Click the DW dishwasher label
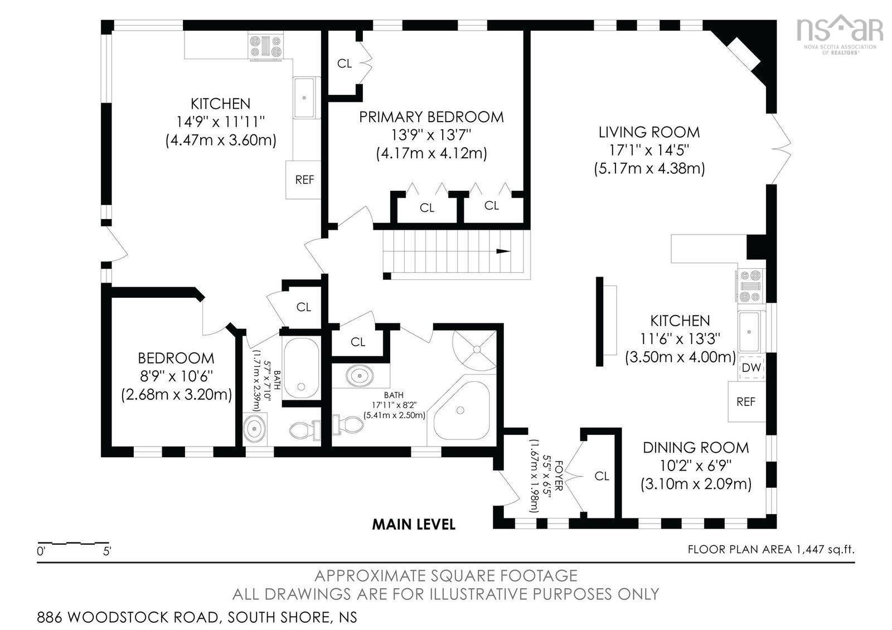pos(752,368)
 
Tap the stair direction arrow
pos(503,251)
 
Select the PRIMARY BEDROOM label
pos(432,117)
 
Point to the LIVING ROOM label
pos(649,132)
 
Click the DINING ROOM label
pos(696,448)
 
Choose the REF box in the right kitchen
pos(746,401)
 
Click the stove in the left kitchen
pos(265,47)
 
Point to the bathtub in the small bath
pos(301,367)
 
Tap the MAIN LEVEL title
pos(414,525)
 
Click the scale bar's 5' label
pos(107,551)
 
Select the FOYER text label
pos(559,476)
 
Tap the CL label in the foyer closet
pos(602,476)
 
